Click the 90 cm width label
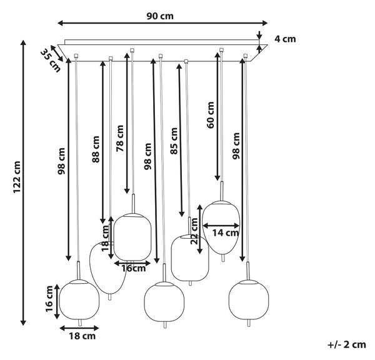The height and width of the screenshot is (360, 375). tap(160, 16)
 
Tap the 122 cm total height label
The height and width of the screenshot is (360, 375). tap(17, 177)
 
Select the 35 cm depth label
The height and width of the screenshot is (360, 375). tap(50, 60)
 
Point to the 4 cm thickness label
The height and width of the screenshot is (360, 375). tap(285, 39)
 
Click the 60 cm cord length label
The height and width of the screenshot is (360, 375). tap(211, 115)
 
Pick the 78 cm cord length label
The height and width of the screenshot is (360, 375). tap(120, 139)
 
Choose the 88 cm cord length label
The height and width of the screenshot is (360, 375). tap(96, 149)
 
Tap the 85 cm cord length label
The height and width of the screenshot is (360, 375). tap(174, 141)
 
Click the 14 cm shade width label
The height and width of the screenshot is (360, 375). tap(225, 232)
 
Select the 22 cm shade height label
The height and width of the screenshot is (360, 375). tap(194, 231)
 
